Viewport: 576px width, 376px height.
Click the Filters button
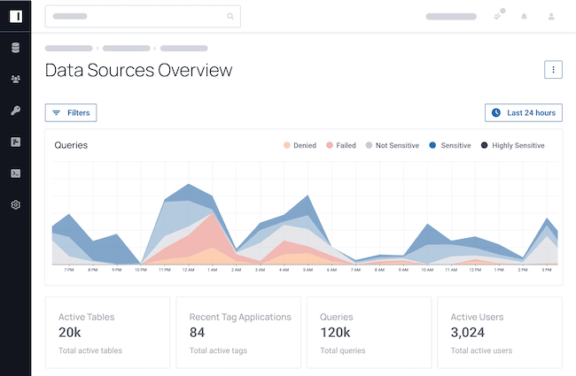71,112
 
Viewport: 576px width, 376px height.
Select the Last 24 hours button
524,112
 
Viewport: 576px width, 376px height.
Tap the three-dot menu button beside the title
553,70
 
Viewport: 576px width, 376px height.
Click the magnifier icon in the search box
231,16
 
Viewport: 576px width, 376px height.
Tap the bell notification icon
524,16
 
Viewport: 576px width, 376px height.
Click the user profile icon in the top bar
551,16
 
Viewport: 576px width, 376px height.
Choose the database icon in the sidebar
15,48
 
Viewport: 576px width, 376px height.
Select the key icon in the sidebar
15,111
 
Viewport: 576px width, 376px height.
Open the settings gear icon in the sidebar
15,205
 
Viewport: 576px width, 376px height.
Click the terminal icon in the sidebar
15,173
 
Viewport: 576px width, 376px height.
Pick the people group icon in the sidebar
15,80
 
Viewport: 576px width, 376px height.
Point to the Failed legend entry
342,145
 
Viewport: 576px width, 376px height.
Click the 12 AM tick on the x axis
188,270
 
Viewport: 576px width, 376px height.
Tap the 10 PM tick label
141,270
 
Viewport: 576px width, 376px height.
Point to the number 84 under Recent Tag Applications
198,333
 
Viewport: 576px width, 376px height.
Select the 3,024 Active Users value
473,333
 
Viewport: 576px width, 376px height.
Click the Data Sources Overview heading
138,71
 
